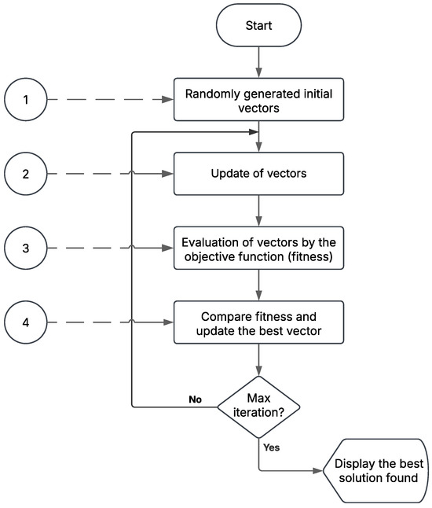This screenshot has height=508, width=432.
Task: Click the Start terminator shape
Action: point(258,26)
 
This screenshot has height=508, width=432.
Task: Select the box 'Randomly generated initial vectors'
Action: point(258,100)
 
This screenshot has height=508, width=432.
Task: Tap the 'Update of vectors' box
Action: point(258,174)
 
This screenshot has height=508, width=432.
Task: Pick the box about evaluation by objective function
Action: point(258,248)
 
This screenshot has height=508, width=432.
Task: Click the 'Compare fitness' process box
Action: point(258,322)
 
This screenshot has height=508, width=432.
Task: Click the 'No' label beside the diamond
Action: point(196,399)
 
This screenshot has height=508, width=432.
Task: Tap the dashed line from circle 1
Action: point(110,100)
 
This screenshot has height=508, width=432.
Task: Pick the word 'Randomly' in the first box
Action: point(211,93)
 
